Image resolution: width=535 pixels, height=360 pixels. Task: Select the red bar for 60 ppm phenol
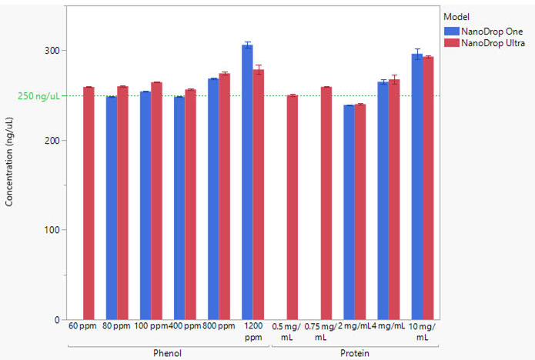coord(89,203)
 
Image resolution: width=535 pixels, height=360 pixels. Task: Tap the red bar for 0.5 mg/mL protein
coord(292,207)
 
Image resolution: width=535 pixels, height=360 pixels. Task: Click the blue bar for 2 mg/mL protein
coord(349,212)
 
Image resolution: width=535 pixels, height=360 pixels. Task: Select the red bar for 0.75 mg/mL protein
coord(326,203)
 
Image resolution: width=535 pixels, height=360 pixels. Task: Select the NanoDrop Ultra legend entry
coord(493,44)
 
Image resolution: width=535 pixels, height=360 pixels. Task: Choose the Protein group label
coord(355,353)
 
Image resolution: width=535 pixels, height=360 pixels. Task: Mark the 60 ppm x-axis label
coord(82,326)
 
